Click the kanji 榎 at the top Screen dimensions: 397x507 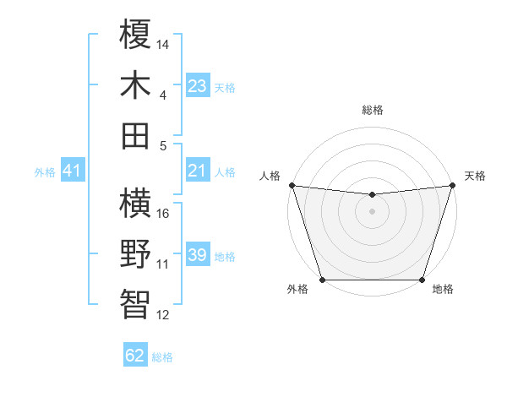(x=136, y=35)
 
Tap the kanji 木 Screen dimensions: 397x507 (x=136, y=84)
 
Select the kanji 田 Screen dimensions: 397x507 (x=136, y=134)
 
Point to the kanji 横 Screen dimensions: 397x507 (x=136, y=204)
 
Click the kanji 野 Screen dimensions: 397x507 (x=136, y=253)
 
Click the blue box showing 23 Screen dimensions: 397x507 (x=198, y=86)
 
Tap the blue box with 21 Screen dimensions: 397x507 (x=198, y=171)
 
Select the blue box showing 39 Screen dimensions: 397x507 (x=198, y=256)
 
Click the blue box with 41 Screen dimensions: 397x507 (x=72, y=171)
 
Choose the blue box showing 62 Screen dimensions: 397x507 (x=135, y=356)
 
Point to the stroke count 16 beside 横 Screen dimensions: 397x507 (x=164, y=213)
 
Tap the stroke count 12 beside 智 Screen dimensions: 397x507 (x=164, y=315)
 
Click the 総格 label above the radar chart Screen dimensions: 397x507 (x=372, y=110)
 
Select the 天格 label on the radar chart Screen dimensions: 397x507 (x=475, y=176)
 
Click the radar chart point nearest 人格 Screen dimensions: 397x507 (x=292, y=185)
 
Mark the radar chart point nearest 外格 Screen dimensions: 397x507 (x=322, y=280)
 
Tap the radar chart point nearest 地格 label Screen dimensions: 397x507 (x=422, y=280)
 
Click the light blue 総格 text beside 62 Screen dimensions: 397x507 (x=162, y=357)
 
